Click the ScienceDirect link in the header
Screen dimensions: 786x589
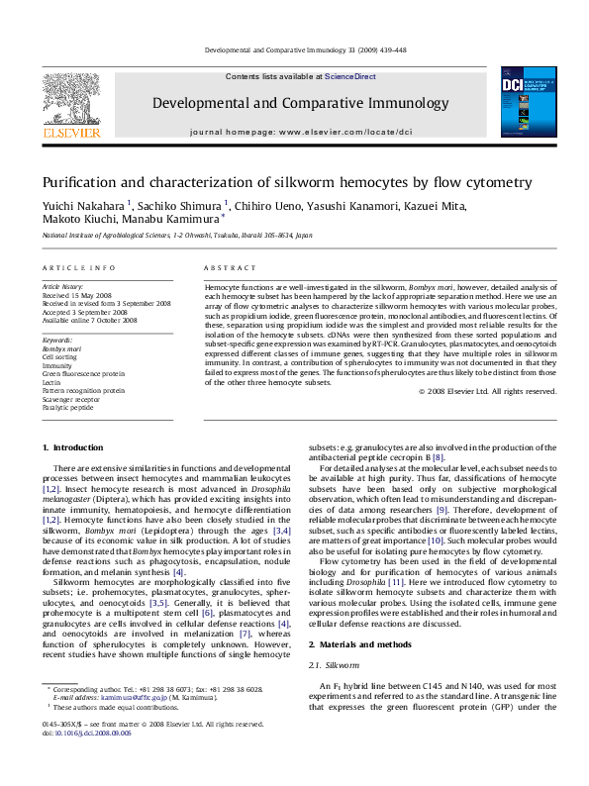345,76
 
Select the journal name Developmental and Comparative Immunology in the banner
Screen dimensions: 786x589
300,103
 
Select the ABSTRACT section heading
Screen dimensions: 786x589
224,268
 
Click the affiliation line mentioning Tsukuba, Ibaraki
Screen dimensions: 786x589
176,236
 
